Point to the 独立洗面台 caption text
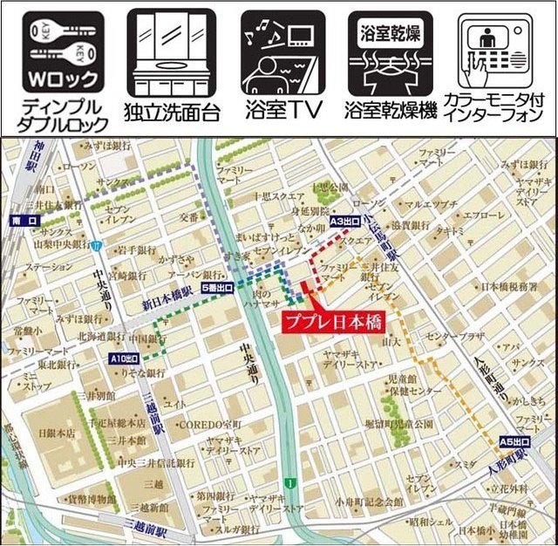(x=172, y=113)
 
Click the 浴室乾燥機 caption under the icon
(x=390, y=112)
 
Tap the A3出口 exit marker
(x=345, y=222)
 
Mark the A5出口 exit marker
(x=514, y=441)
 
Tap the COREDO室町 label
(x=208, y=423)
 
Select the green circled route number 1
(x=288, y=482)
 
